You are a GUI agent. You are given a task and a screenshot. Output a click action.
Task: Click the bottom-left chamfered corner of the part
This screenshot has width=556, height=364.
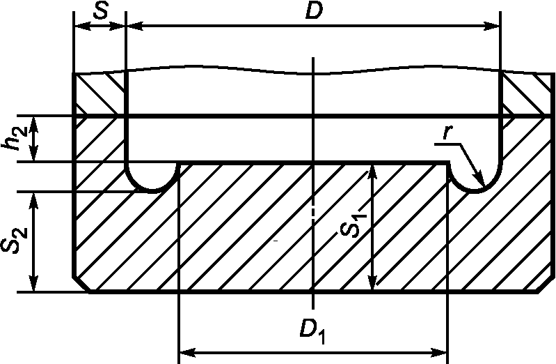coord(82,283)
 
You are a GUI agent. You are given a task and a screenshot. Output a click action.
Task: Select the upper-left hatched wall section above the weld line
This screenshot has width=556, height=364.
coord(100,93)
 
